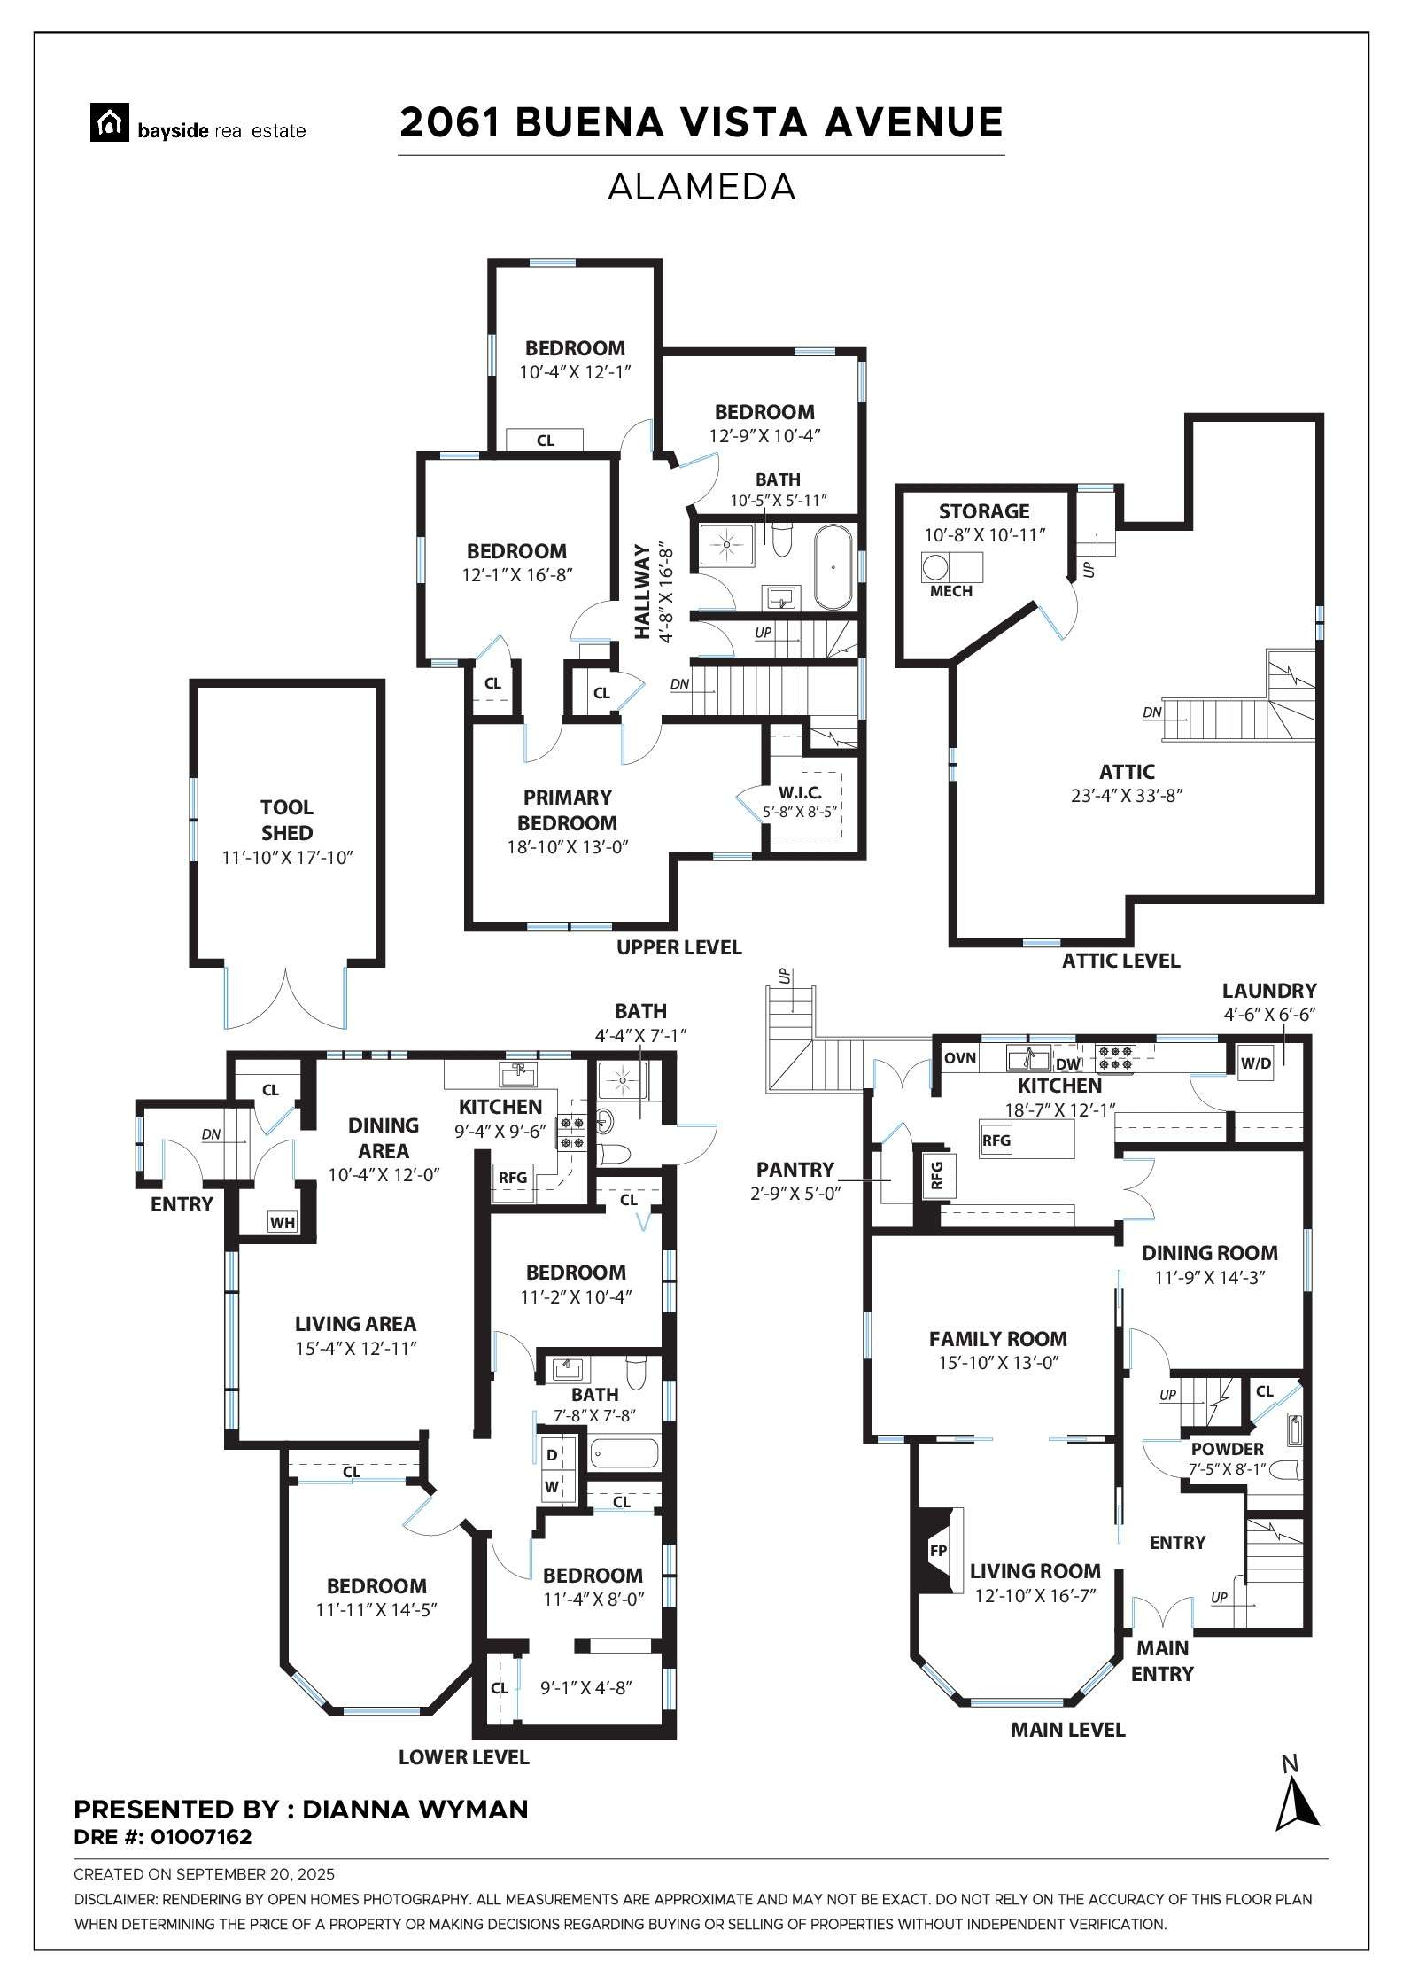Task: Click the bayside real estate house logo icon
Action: click(x=111, y=123)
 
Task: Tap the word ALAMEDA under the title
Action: click(x=701, y=187)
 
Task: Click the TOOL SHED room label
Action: click(x=287, y=820)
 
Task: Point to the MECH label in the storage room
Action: click(x=951, y=591)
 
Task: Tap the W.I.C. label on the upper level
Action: click(x=801, y=791)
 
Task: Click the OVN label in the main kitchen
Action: click(x=960, y=1057)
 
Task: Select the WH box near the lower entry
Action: click(x=283, y=1223)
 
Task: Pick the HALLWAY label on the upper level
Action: click(x=643, y=591)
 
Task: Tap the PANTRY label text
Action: click(x=795, y=1170)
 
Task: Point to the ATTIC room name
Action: click(x=1127, y=771)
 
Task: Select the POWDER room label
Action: click(x=1227, y=1449)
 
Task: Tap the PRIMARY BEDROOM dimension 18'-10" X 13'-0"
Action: click(x=568, y=846)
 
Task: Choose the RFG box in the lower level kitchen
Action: click(x=513, y=1178)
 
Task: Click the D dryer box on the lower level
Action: click(x=552, y=1454)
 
